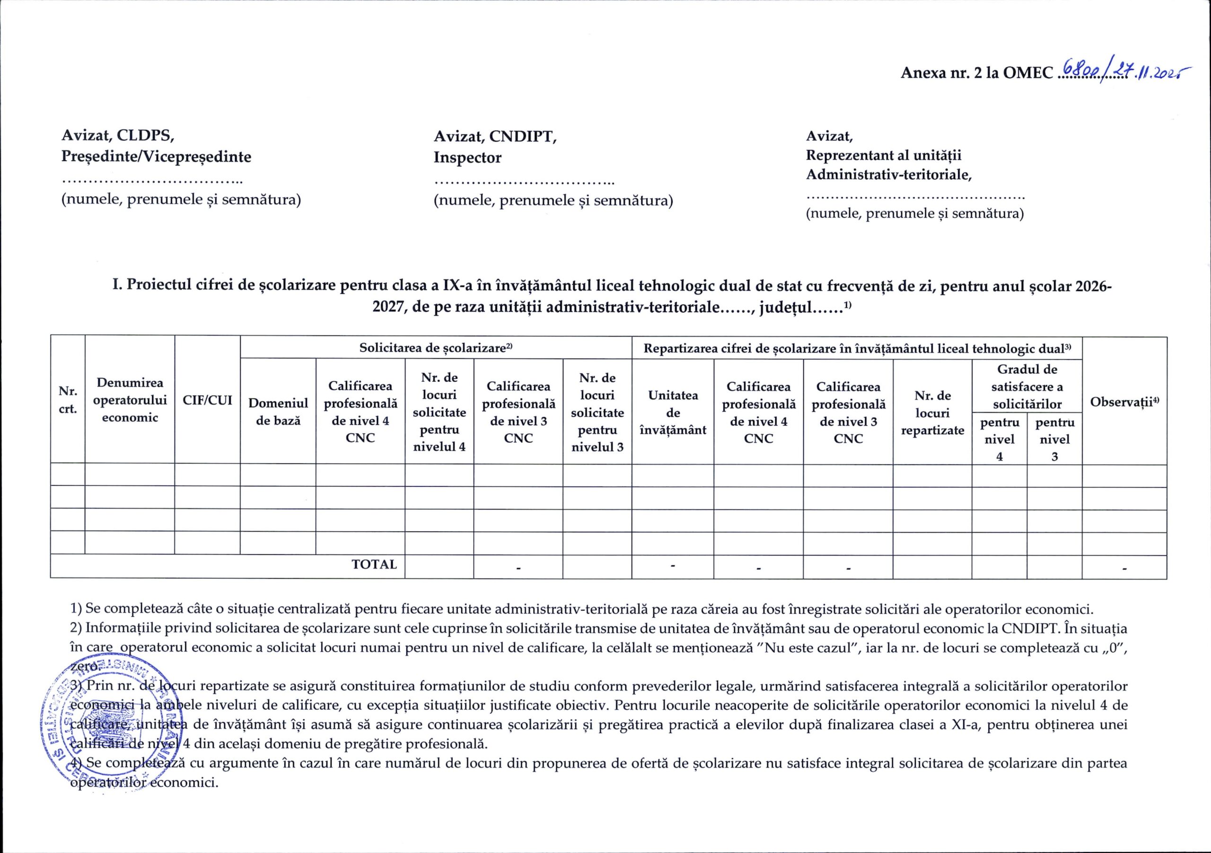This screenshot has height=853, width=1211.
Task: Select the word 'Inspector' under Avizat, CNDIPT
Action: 467,157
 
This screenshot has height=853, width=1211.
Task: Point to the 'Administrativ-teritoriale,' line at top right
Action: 889,175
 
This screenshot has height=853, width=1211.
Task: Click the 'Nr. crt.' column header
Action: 68,400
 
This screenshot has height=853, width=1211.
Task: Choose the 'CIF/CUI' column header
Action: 207,400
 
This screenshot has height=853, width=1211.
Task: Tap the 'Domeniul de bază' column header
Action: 278,412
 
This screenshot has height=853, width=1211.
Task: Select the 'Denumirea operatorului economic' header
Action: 130,400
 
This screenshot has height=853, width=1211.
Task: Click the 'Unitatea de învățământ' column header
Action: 673,412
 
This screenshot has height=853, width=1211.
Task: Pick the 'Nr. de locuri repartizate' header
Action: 932,413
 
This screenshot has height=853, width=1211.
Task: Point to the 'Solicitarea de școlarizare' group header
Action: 436,348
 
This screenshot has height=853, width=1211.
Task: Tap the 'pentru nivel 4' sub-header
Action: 999,439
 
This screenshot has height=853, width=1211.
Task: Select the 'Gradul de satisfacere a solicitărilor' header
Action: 1027,387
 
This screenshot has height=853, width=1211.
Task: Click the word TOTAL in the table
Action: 374,564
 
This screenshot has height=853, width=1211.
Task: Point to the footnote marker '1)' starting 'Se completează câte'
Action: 77,609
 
